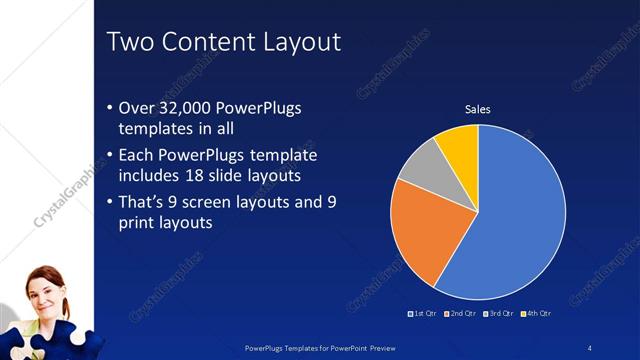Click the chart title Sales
tap(478, 109)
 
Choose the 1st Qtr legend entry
tap(423, 313)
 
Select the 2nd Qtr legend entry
tap(461, 313)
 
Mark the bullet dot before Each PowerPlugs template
tap(110, 155)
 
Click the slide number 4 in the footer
tap(591, 346)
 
